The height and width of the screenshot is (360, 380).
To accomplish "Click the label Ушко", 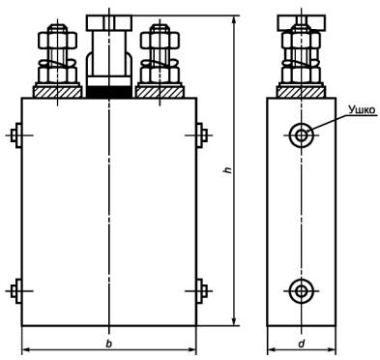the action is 362,110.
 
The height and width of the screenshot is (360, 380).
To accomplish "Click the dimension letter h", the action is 228,170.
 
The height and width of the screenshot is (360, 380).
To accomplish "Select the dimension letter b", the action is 109,344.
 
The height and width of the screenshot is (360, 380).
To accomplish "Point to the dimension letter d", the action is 302,344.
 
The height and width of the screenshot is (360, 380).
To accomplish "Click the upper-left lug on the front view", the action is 16,135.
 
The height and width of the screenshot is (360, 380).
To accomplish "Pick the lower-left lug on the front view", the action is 16,291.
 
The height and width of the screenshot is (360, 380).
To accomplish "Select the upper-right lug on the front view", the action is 202,135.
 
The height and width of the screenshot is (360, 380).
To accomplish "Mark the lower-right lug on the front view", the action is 202,291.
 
